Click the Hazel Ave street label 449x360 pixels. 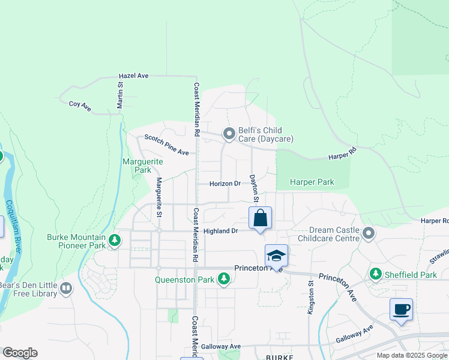coord(133,76)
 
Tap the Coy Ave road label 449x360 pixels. coord(80,105)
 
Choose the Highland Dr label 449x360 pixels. coord(221,231)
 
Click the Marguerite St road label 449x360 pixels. coord(159,197)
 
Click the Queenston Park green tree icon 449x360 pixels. coord(224,278)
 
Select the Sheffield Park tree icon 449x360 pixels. coord(376,274)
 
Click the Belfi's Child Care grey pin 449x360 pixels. coord(229,134)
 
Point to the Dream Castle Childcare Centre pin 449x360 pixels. coord(369,233)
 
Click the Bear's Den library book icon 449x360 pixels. coord(66,289)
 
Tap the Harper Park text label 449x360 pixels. coord(312,182)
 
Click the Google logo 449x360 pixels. coord(20,353)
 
